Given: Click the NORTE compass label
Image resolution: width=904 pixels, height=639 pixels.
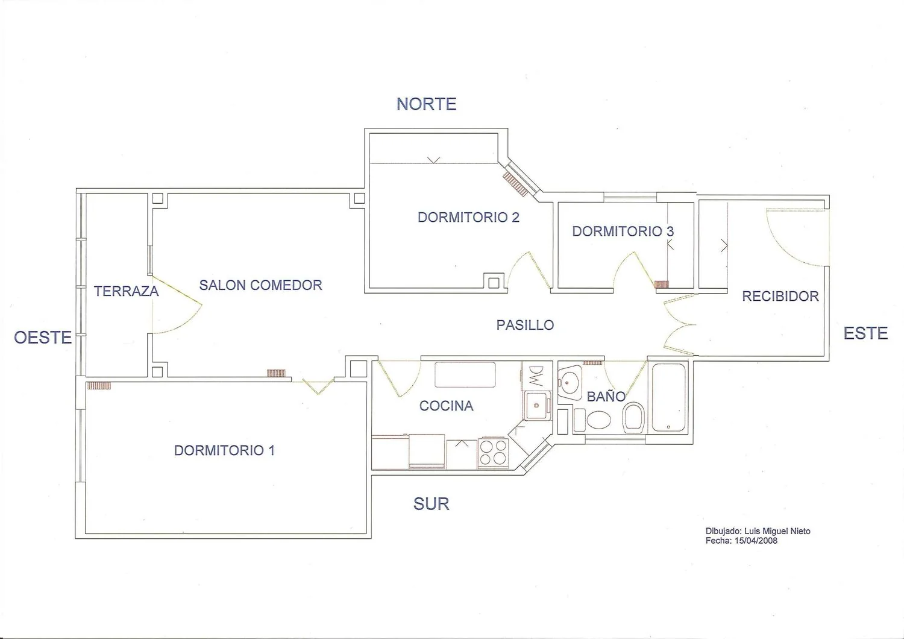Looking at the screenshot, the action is [426, 104].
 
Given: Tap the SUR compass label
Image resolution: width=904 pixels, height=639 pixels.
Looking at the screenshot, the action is [431, 504].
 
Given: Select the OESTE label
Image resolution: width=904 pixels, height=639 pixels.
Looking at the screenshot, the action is [43, 338].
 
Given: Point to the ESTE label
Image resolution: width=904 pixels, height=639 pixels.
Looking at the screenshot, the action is [865, 333].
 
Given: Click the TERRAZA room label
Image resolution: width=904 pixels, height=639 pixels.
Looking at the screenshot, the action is [127, 291].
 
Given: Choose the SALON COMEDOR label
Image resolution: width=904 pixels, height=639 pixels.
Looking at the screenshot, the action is [261, 285].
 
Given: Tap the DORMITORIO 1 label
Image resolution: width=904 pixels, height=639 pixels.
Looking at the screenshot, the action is [224, 450].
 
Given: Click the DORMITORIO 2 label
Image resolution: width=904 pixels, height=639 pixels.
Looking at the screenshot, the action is [468, 217].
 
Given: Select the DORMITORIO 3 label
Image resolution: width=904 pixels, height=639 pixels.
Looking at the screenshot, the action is [623, 231].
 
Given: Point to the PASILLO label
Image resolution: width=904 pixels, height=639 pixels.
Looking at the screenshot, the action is [525, 325].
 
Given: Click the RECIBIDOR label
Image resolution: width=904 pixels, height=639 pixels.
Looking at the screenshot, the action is [780, 296].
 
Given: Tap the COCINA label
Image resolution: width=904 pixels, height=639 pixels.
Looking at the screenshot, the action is [446, 406].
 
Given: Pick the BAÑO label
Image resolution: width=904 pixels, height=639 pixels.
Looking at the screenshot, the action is [606, 397].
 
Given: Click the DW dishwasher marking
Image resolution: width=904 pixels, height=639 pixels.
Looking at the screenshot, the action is [536, 377].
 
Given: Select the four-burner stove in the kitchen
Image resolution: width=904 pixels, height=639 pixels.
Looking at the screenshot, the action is [493, 453].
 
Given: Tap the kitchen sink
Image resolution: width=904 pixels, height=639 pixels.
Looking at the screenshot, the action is [537, 405].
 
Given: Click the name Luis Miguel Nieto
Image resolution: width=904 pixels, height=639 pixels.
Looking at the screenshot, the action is [777, 531].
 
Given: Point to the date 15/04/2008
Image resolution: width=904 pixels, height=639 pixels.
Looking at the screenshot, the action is [756, 541].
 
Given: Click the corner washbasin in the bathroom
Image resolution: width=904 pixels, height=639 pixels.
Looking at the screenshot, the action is [569, 382].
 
